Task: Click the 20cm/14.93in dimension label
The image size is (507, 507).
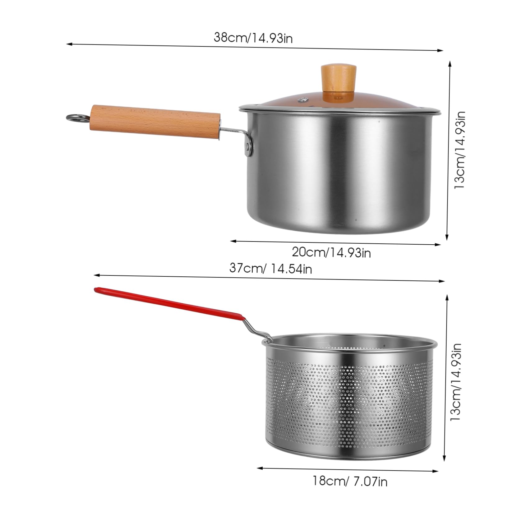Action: (331, 252)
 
